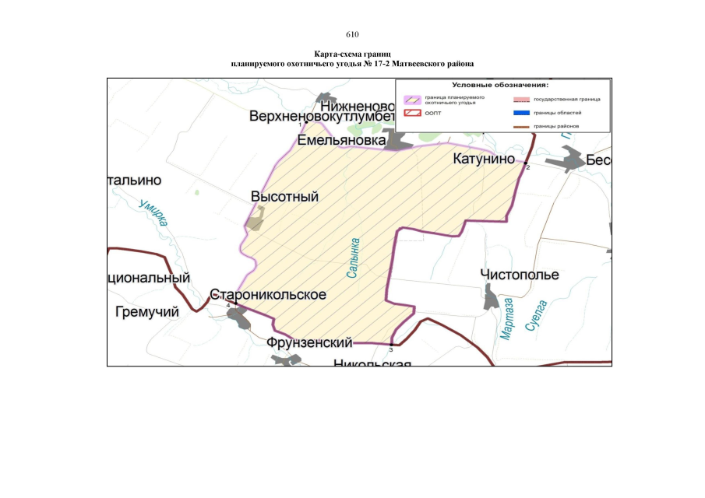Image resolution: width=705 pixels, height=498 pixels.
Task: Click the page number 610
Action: pos(352,34)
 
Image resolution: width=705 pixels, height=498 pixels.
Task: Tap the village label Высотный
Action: pos(284,197)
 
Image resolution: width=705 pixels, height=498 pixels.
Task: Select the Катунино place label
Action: pos(485,160)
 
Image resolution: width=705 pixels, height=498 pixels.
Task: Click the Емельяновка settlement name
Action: pos(341,141)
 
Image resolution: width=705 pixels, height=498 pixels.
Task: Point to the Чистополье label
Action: pos(520,275)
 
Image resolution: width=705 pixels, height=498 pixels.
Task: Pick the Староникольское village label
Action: pos(267,296)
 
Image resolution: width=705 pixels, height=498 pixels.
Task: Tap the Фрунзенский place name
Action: pos(309,342)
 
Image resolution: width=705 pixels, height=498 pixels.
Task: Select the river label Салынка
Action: pos(354,259)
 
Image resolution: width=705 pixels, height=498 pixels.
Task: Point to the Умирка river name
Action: pos(153,212)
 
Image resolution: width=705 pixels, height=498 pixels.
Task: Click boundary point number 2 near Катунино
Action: pos(526,163)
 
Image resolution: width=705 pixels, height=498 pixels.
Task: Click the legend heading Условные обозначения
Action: pos(501,85)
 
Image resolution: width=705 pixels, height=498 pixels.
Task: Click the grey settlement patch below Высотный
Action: pos(255,223)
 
